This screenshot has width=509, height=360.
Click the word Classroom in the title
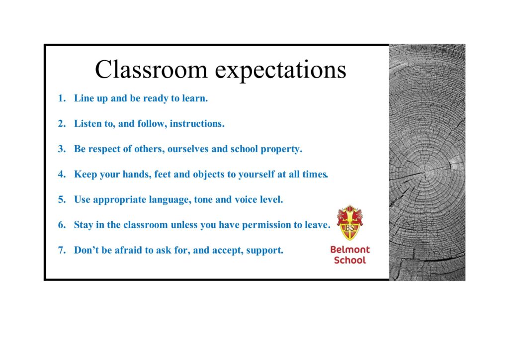(x=151, y=70)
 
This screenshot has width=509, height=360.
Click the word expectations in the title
(x=280, y=71)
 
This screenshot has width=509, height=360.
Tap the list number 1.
(x=62, y=98)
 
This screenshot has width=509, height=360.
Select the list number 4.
(x=62, y=174)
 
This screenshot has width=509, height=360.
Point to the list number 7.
(x=62, y=250)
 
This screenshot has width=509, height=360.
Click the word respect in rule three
(x=105, y=149)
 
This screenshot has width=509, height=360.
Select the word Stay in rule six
(x=84, y=225)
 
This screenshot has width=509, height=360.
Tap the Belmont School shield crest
(x=349, y=223)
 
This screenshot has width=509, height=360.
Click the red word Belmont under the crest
(x=350, y=250)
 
